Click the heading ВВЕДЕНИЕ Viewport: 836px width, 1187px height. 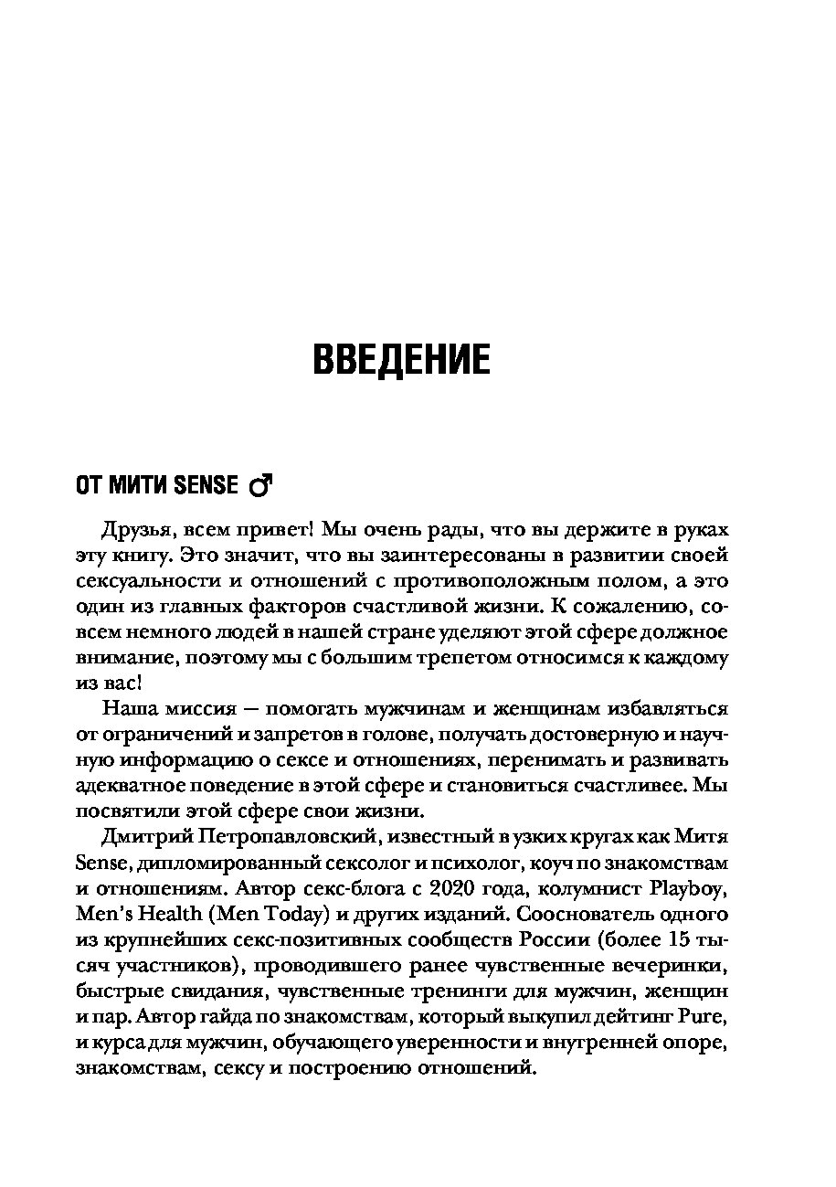coord(401,359)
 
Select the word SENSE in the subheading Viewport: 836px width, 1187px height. coord(209,486)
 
